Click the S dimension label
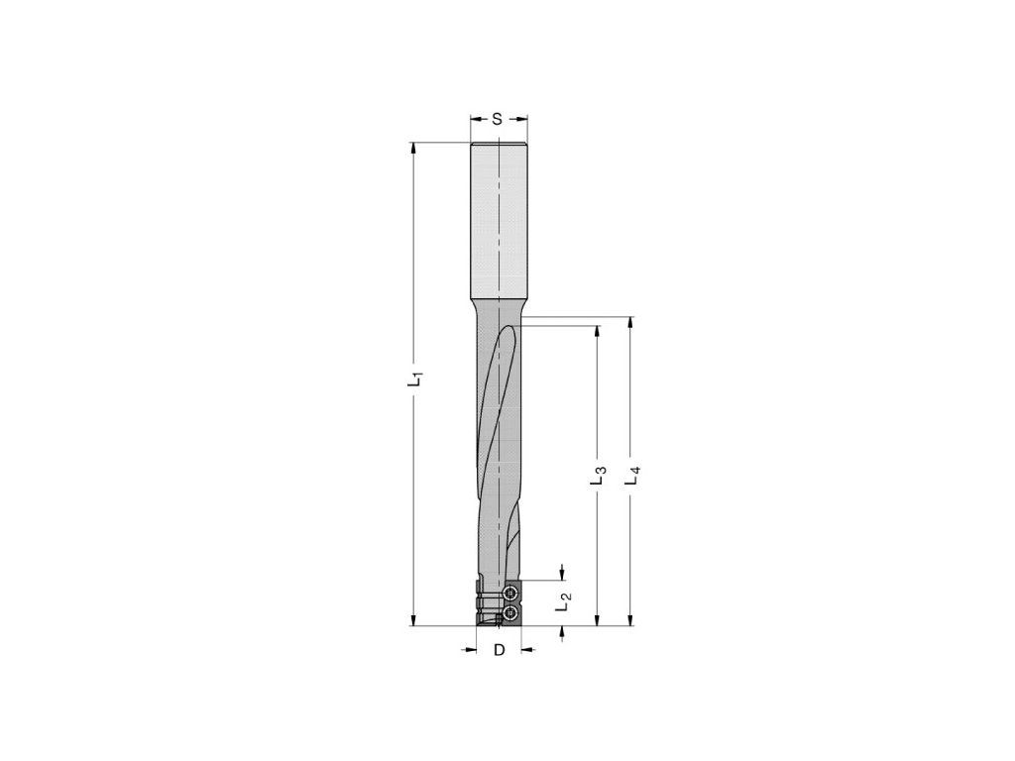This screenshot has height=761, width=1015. point(498,119)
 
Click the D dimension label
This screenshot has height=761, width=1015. point(499,650)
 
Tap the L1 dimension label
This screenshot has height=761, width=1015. point(415,379)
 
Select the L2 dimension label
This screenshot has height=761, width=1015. point(564,602)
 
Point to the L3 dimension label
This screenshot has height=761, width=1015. point(598,476)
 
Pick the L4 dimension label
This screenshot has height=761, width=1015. point(633,476)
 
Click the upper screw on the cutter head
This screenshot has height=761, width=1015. point(511,593)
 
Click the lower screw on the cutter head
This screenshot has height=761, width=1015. point(511,611)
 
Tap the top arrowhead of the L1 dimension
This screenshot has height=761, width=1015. point(413,150)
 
